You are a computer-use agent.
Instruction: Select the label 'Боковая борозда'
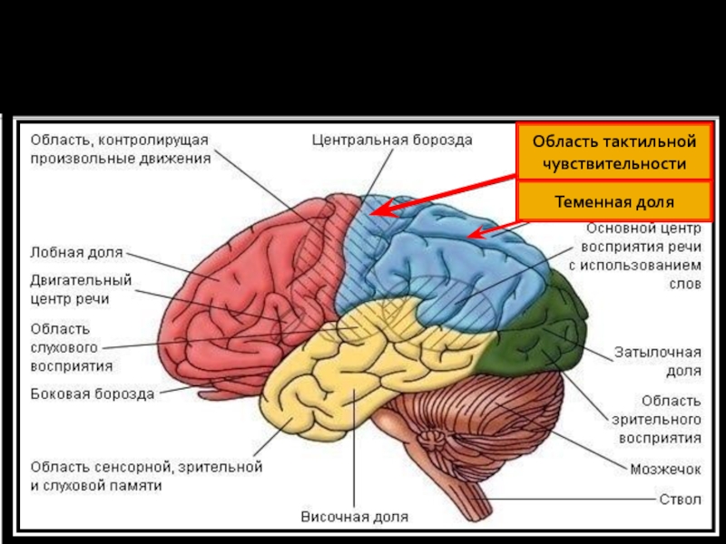pyautogui.click(x=92, y=393)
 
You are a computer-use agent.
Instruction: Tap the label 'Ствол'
pyautogui.click(x=680, y=498)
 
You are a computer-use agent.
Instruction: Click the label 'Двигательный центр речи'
pyautogui.click(x=81, y=288)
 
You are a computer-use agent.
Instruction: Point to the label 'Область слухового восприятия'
pyautogui.click(x=72, y=347)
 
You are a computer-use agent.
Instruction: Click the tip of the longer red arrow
pyautogui.click(x=374, y=214)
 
